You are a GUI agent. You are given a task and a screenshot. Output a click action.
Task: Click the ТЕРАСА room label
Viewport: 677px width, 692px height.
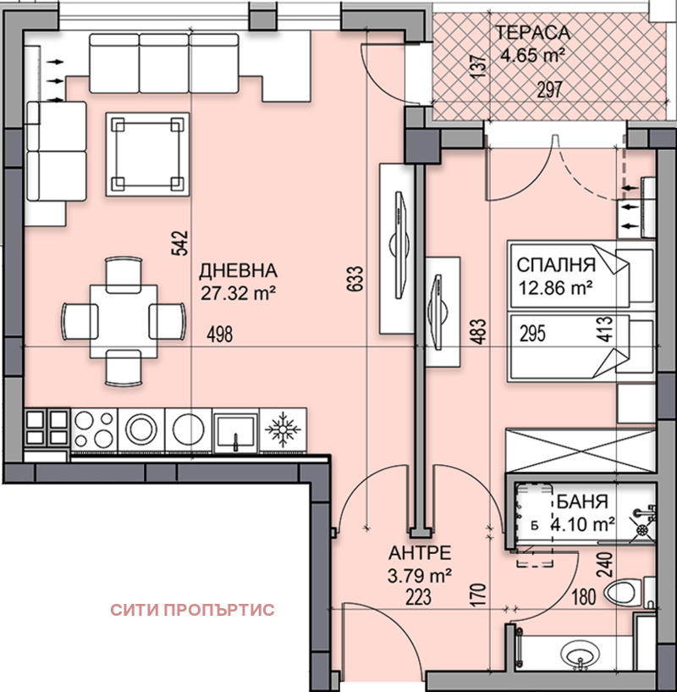click(x=533, y=33)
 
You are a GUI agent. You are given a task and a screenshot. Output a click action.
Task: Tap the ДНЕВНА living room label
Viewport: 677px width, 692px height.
click(x=238, y=271)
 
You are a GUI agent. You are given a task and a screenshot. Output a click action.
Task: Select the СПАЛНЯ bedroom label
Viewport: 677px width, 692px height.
click(x=556, y=265)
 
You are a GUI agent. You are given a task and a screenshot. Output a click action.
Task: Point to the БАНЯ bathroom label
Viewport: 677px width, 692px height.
click(x=582, y=501)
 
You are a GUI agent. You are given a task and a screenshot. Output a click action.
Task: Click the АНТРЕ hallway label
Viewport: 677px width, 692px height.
click(x=420, y=552)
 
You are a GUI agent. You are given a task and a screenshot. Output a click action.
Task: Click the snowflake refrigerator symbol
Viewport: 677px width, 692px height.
click(x=283, y=429)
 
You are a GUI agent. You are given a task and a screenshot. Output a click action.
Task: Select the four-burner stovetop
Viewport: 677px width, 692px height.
click(x=94, y=429)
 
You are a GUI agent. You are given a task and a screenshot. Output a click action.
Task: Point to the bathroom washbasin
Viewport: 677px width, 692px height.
click(x=580, y=653)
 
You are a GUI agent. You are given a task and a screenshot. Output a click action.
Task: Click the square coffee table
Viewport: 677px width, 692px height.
click(x=148, y=154)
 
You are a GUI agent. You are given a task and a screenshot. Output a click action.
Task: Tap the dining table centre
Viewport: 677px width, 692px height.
click(x=124, y=321)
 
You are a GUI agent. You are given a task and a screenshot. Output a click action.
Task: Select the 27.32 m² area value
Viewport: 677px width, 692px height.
click(x=239, y=292)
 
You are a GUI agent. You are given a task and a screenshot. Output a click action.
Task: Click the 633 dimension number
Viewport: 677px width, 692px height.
click(x=356, y=278)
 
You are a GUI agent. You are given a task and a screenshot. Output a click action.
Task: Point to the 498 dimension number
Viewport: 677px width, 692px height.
click(x=220, y=334)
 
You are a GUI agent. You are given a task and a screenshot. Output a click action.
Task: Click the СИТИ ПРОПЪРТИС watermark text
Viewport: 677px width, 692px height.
click(x=192, y=610)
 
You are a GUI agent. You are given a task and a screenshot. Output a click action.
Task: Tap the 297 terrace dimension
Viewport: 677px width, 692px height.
click(x=549, y=90)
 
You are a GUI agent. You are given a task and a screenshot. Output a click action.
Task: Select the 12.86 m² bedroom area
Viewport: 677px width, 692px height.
click(x=555, y=288)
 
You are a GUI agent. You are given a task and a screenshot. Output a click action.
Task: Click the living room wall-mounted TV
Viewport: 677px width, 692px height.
click(x=399, y=245)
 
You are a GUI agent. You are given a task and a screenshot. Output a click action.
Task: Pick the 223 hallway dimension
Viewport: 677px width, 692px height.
click(x=419, y=597)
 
